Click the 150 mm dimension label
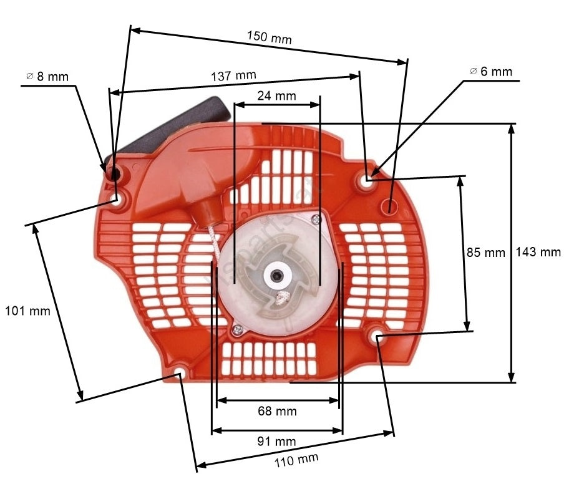(270, 37)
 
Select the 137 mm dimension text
(233, 75)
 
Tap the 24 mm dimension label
(276, 96)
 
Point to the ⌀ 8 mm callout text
(47, 77)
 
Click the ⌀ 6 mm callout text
(490, 72)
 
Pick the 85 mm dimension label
(485, 252)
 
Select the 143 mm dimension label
(538, 252)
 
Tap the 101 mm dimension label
(27, 311)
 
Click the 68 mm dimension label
(277, 411)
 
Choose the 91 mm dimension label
(276, 441)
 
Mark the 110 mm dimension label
(296, 460)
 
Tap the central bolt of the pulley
(278, 276)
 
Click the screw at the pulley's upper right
(317, 218)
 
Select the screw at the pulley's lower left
(237, 329)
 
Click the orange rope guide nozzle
(206, 214)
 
